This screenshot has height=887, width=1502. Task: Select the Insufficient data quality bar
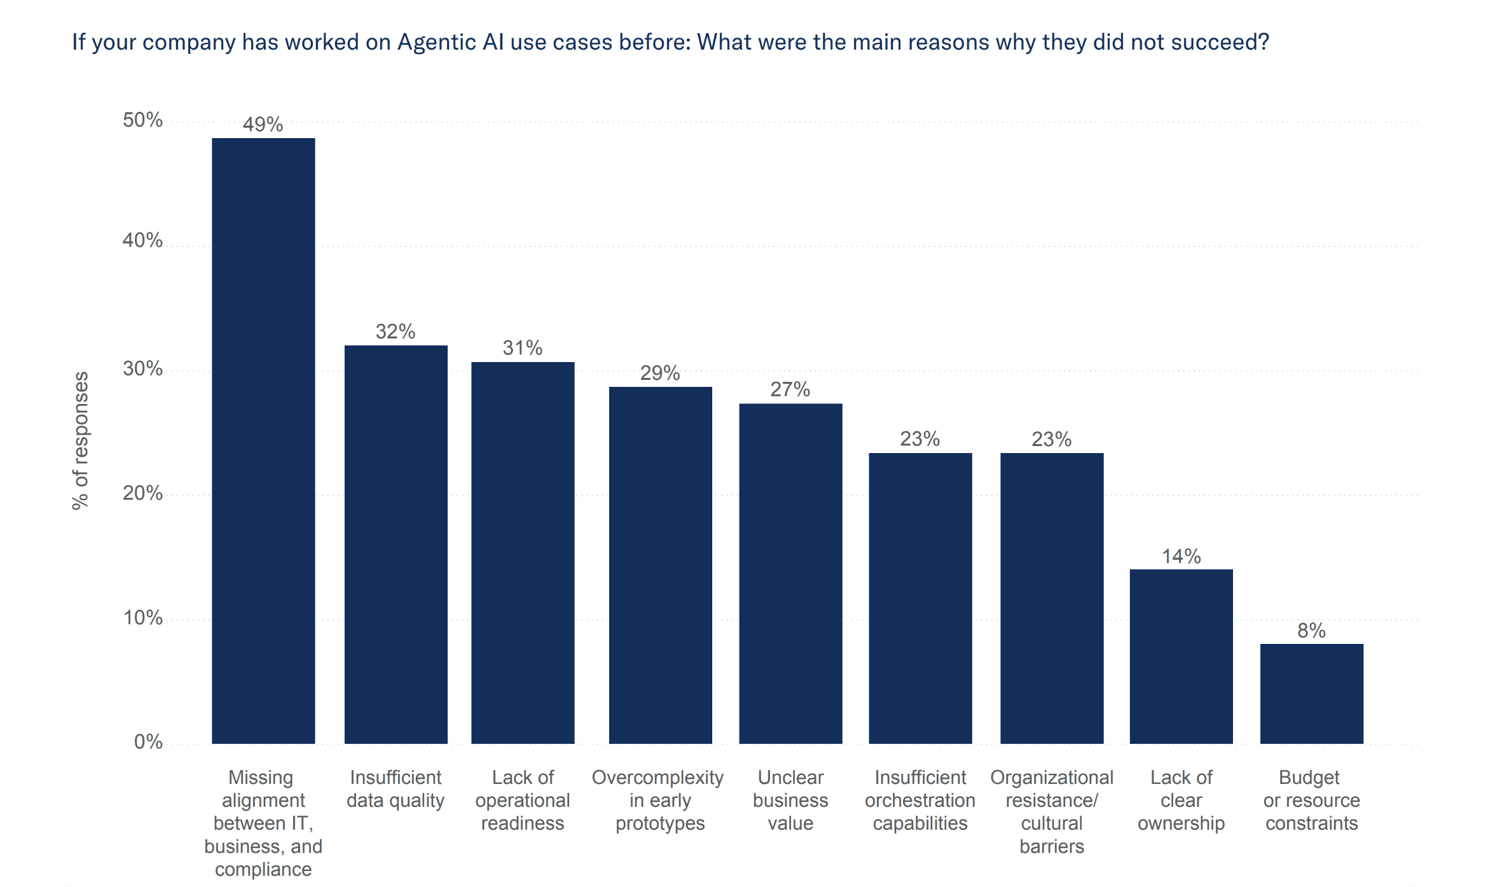click(x=396, y=544)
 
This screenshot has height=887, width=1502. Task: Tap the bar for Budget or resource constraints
click(x=1311, y=694)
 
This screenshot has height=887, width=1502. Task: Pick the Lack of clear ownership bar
click(x=1181, y=656)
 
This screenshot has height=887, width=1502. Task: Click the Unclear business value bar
click(x=790, y=573)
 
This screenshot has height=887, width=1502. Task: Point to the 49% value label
click(x=263, y=124)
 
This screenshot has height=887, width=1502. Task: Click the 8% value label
click(x=1311, y=631)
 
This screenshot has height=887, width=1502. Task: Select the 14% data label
click(x=1181, y=557)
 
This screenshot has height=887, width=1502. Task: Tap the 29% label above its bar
click(x=660, y=373)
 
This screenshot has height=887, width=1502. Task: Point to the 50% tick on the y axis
click(x=142, y=120)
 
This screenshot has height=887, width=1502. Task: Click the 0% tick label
click(x=148, y=742)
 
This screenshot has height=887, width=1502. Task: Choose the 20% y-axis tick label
click(x=142, y=493)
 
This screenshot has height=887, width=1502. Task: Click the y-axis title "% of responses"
click(x=81, y=440)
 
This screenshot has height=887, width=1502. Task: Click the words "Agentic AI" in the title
click(x=451, y=42)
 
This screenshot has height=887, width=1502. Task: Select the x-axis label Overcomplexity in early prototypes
click(x=659, y=800)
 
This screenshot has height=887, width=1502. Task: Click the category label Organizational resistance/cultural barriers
click(x=1052, y=811)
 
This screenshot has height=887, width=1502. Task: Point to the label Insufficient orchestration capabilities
click(x=920, y=800)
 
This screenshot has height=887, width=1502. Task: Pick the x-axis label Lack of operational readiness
click(x=522, y=800)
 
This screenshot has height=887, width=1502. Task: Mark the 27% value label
click(x=790, y=389)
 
